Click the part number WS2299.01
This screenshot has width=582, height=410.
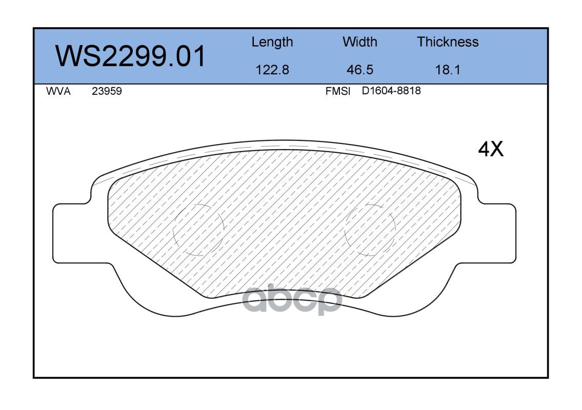[x=130, y=56]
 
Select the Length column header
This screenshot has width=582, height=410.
[x=272, y=43]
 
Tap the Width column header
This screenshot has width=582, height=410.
[x=359, y=42]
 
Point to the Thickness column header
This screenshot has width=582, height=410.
[x=448, y=42]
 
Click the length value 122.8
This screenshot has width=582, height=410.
[x=272, y=70]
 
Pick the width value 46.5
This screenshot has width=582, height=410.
[x=359, y=70]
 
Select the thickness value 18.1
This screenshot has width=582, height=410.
[x=448, y=70]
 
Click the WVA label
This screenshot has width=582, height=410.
[x=58, y=91]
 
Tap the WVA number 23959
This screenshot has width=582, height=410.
[x=107, y=91]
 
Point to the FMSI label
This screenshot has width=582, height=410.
[x=338, y=91]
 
